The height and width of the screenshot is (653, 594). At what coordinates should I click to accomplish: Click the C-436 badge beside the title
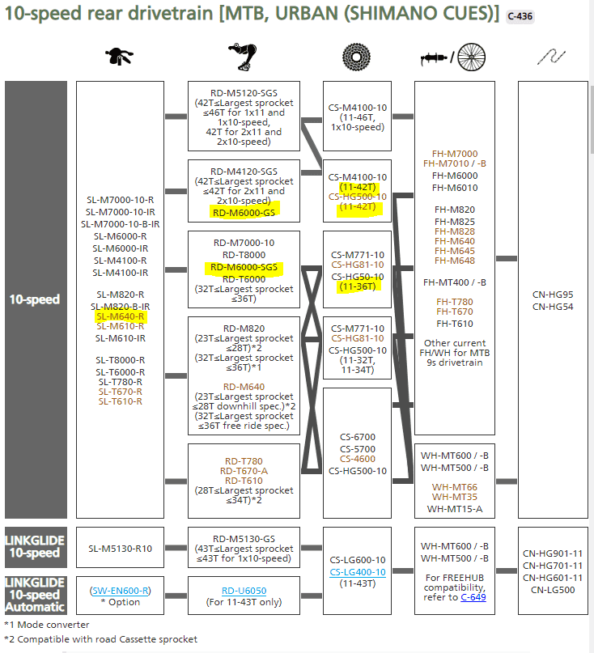(520, 16)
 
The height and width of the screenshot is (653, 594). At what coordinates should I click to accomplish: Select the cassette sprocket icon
(357, 57)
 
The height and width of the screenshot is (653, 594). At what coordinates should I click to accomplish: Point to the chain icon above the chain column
(554, 57)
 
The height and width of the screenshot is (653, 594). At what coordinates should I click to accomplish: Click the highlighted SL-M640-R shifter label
(120, 316)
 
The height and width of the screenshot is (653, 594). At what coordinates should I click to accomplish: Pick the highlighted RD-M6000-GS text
(244, 212)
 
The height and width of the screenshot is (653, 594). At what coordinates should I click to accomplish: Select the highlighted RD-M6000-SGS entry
(244, 266)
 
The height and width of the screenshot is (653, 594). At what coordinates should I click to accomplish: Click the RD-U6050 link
(244, 591)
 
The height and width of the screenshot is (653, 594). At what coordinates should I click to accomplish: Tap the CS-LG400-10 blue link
(357, 571)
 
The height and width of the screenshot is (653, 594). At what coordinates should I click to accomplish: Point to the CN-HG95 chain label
(554, 295)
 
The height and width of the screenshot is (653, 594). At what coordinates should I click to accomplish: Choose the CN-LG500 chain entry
(554, 589)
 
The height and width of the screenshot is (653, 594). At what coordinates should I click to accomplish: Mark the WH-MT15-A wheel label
(455, 509)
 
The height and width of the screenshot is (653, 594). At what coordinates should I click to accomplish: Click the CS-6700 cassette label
(357, 437)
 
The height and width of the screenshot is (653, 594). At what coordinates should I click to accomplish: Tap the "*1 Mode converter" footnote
(47, 625)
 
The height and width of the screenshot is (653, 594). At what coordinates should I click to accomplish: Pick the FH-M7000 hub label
(455, 154)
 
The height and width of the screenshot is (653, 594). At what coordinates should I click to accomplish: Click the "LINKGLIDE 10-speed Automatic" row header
(36, 594)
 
